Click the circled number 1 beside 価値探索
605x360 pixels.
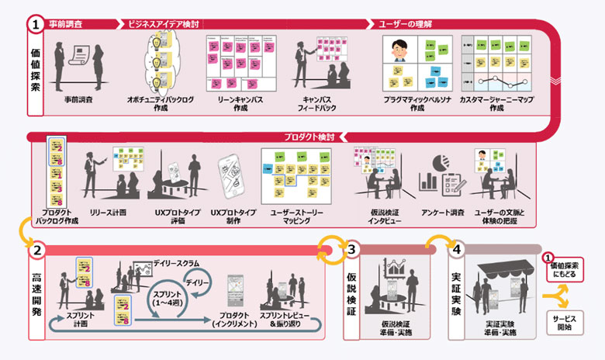pos(36,25)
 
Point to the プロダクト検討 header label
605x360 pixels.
pos(309,137)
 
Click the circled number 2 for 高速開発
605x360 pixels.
pos(36,251)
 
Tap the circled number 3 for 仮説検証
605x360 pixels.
pos(351,251)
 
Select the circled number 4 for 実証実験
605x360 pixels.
pos(457,251)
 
